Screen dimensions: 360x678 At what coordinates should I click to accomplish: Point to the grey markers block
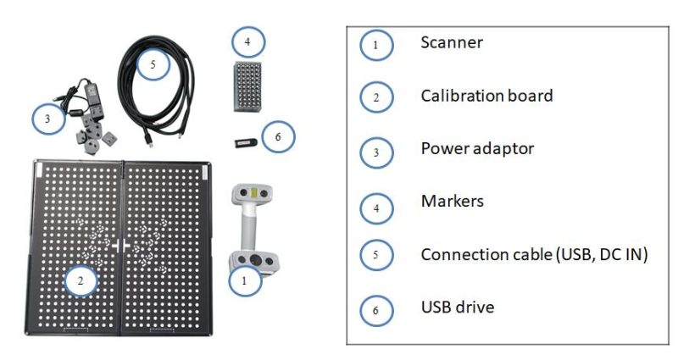coord(246,85)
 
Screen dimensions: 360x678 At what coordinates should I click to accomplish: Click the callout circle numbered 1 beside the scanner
coord(246,283)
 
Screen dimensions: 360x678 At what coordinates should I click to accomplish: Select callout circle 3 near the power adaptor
coord(49,119)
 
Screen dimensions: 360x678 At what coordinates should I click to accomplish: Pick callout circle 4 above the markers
coord(247,41)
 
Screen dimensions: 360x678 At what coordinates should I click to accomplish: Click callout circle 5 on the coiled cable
coord(153,63)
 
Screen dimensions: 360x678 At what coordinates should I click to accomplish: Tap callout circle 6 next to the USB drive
coord(278,136)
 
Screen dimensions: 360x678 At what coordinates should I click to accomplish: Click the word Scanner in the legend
coord(451,42)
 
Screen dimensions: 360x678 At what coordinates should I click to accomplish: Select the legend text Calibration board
coord(486,96)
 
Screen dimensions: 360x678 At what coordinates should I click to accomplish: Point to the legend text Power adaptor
coord(478,148)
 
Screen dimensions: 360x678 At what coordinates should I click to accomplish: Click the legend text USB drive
coord(458,307)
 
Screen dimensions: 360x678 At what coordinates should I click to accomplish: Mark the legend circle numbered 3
coord(376,151)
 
